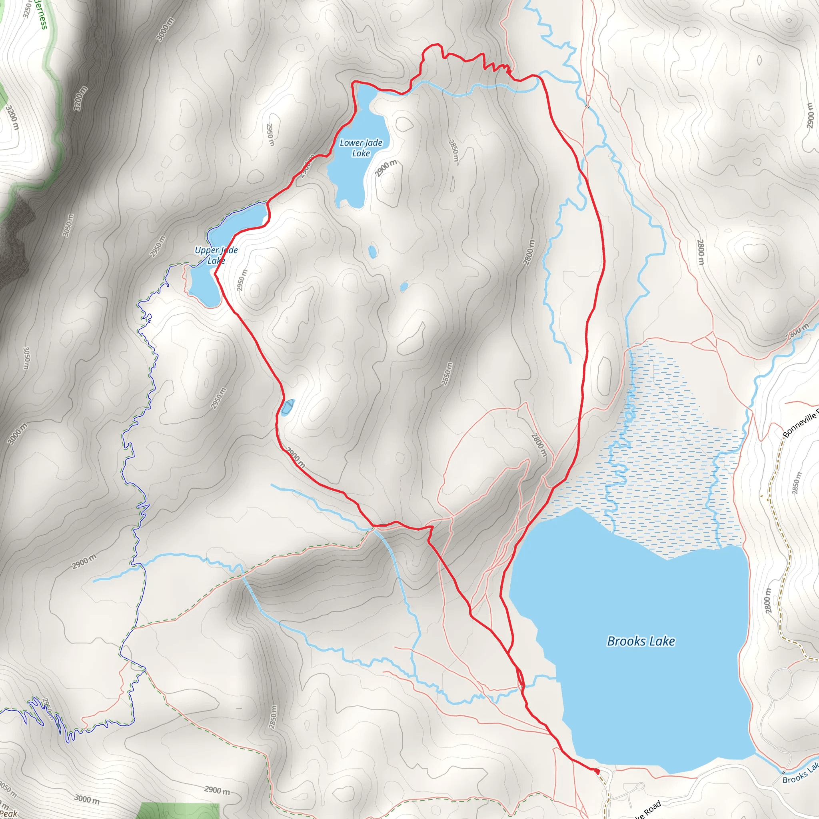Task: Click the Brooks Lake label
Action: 641,641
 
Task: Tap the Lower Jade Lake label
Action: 361,148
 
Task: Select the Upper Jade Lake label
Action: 216,255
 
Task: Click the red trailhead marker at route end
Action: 597,771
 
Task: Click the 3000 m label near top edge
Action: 165,29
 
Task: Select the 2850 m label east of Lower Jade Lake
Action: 453,150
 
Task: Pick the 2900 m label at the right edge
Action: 811,115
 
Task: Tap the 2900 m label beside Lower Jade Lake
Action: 386,168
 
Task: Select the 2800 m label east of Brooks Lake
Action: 768,600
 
